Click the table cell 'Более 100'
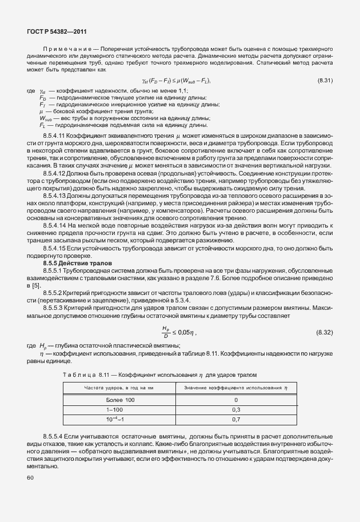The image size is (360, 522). pyautogui.click(x=121, y=400)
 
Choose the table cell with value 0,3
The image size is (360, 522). pyautogui.click(x=236, y=410)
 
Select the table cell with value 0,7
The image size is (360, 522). pyautogui.click(x=236, y=420)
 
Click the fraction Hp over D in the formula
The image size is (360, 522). pyautogui.click(x=166, y=332)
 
